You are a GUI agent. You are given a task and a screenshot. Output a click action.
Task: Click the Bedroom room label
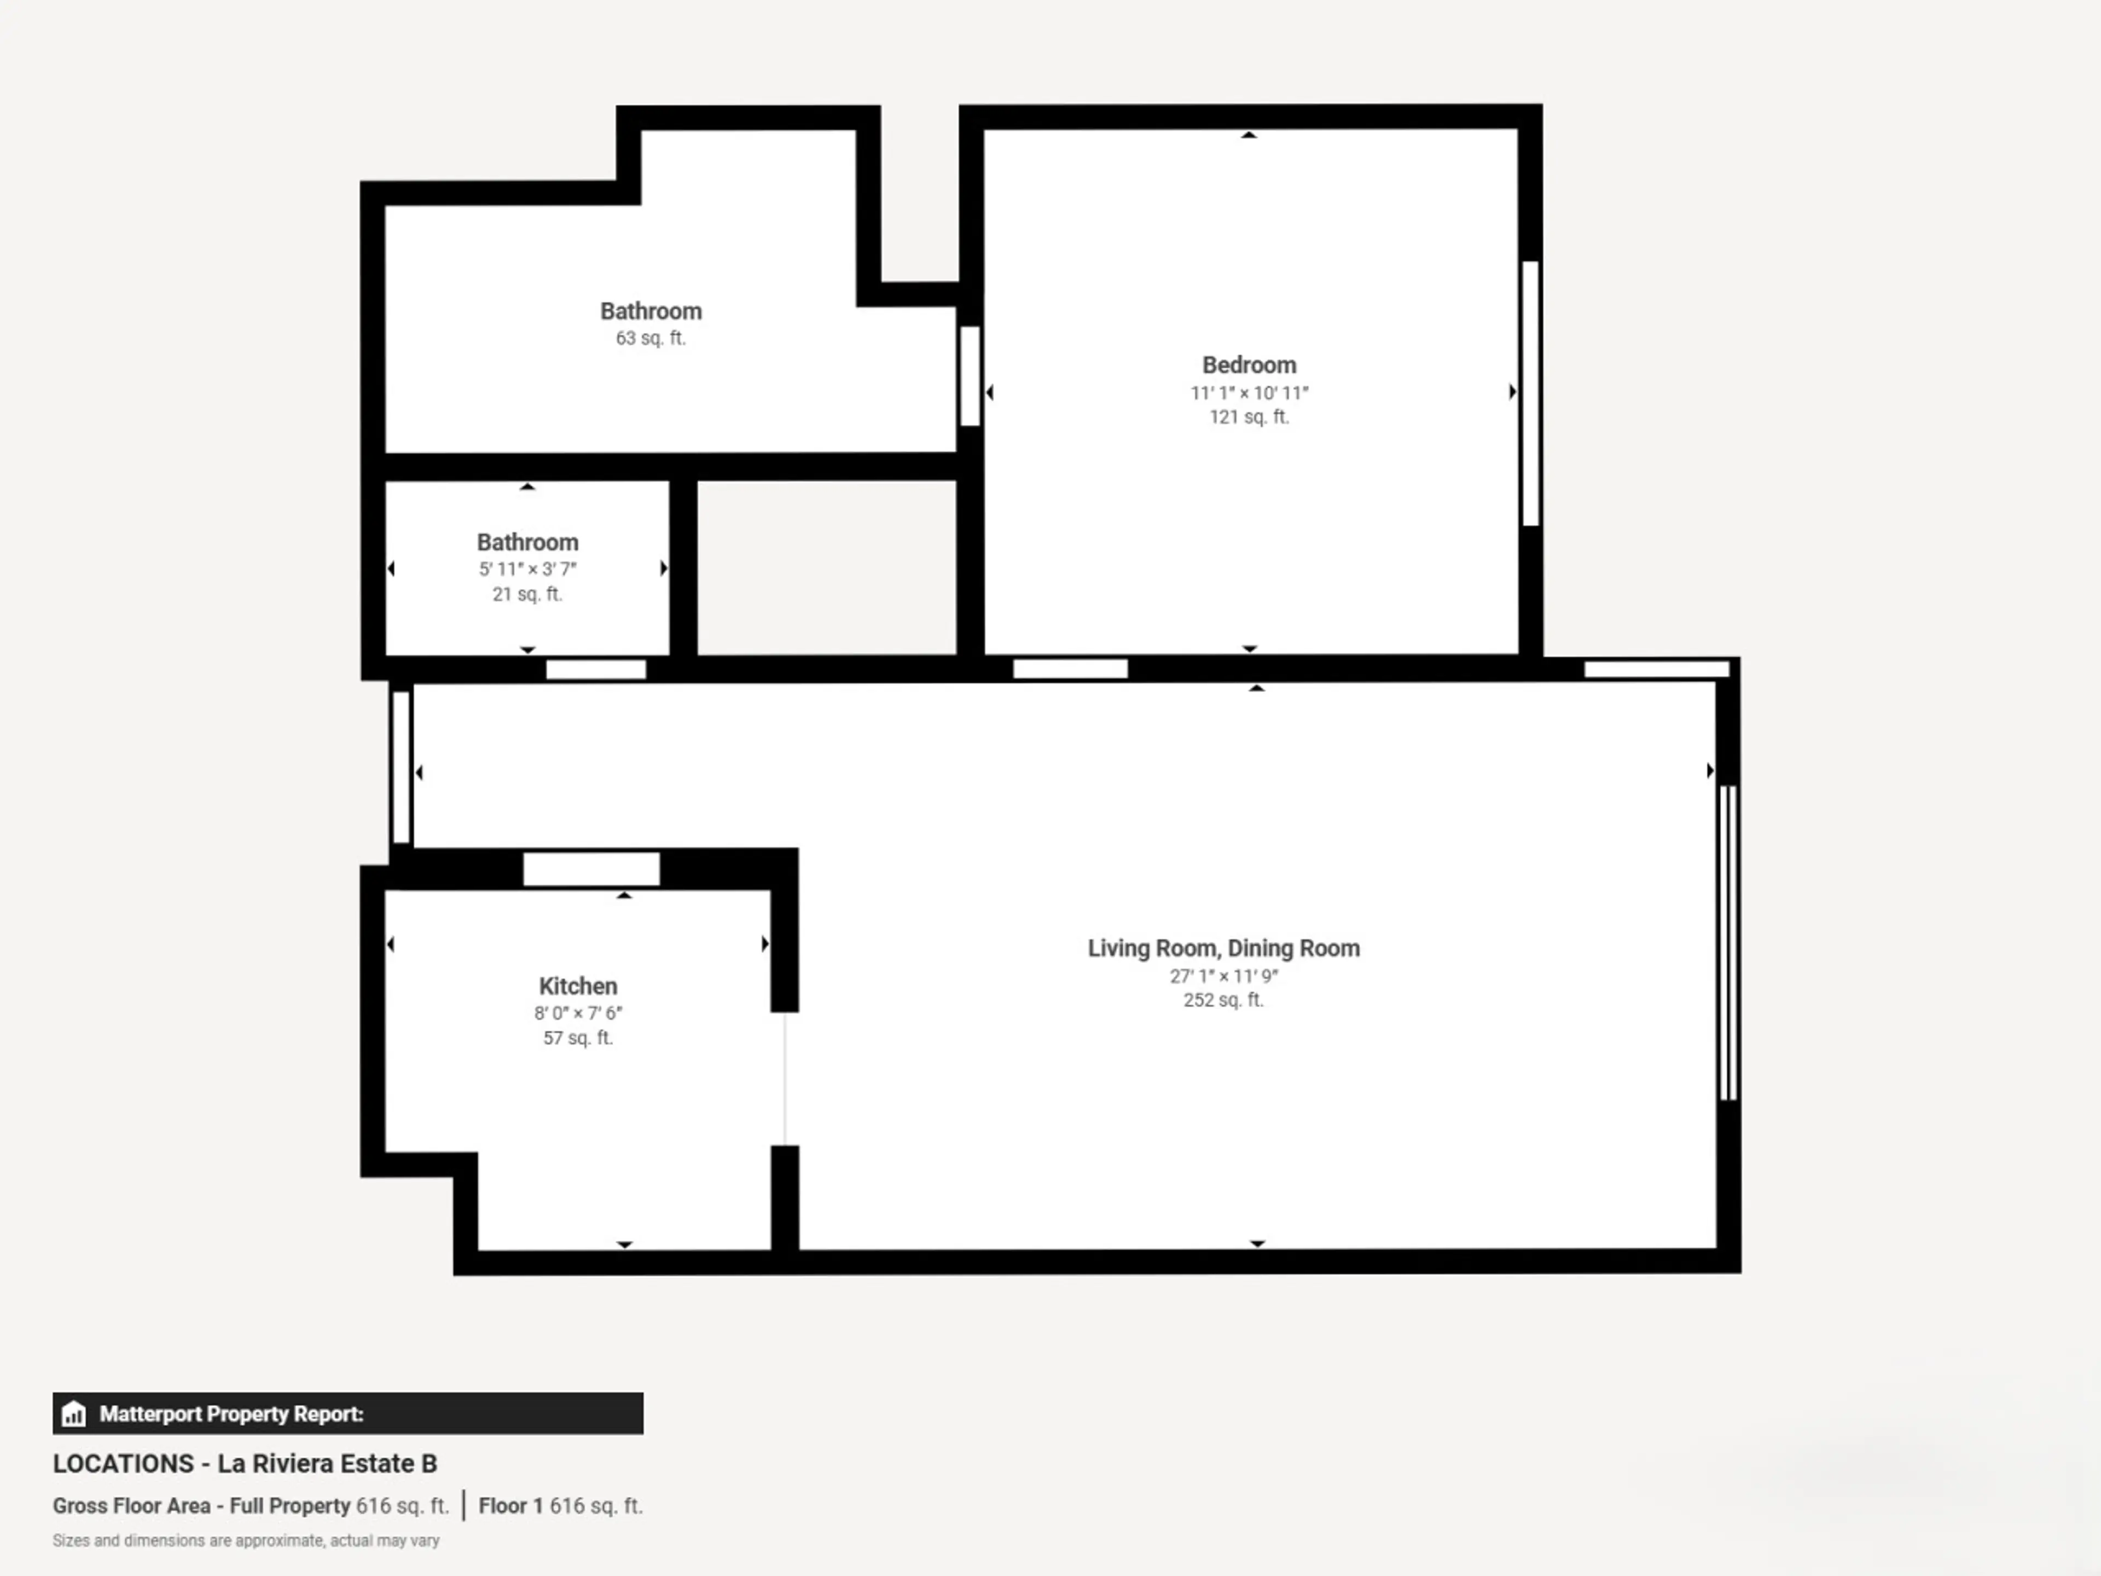pos(1249,365)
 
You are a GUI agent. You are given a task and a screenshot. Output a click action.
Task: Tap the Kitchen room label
pos(577,986)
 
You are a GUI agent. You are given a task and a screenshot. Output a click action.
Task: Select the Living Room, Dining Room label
pos(1223,948)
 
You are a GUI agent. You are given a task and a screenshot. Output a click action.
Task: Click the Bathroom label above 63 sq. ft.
pos(651,311)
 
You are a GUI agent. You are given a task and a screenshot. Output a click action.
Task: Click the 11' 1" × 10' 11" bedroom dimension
pos(1249,392)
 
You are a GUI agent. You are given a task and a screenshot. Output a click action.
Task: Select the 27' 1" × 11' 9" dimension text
pos(1223,976)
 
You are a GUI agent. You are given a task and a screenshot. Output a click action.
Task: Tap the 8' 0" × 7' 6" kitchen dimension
pos(577,1013)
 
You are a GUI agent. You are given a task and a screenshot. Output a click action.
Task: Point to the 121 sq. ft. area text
pos(1249,417)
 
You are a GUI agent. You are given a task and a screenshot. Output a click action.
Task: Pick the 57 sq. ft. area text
pos(577,1038)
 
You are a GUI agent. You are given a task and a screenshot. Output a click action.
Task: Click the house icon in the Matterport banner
pos(73,1413)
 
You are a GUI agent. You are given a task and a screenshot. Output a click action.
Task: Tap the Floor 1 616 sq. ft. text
pos(560,1506)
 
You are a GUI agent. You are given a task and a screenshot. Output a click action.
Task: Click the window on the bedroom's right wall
pos(1530,393)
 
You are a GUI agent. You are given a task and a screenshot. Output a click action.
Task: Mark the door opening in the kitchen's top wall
pos(591,869)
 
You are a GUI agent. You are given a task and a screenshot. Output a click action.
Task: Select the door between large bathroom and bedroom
pos(970,376)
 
